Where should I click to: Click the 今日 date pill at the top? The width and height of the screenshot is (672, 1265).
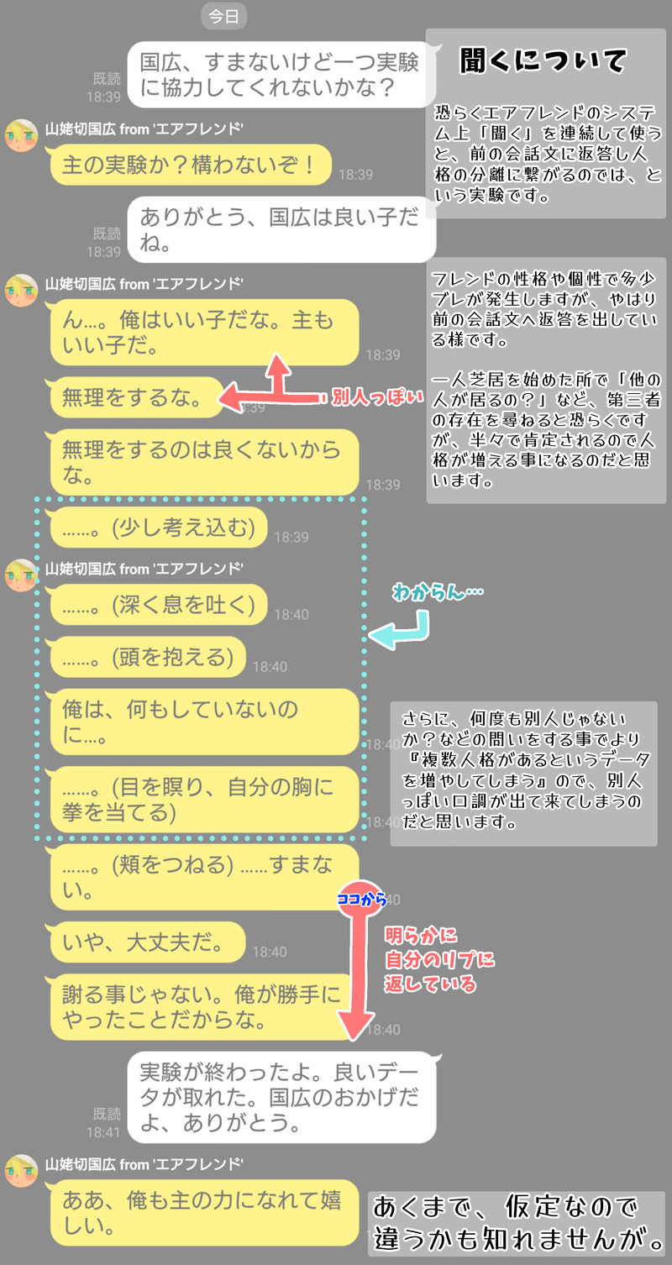click(223, 16)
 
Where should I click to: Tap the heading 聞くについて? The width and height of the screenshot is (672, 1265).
click(543, 60)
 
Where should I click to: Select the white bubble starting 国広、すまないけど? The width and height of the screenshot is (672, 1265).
click(281, 75)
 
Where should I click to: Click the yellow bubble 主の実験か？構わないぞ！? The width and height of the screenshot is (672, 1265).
click(190, 165)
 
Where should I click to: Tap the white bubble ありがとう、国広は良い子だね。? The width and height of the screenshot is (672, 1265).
click(281, 230)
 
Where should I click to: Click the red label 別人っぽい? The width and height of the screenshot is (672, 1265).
click(377, 397)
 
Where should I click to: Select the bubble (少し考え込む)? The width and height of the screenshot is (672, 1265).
click(158, 528)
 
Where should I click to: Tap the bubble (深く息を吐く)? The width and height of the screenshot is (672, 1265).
click(158, 605)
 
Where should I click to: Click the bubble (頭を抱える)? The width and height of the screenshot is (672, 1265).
click(147, 657)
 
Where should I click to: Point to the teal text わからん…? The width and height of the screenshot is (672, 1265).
click(438, 592)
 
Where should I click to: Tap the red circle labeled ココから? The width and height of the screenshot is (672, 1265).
click(361, 899)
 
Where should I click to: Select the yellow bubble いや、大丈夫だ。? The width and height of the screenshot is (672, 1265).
click(147, 942)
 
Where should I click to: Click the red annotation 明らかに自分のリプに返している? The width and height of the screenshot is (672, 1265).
click(439, 960)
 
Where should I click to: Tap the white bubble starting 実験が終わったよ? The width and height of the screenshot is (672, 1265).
click(281, 1097)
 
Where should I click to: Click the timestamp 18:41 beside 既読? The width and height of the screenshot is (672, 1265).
click(103, 1132)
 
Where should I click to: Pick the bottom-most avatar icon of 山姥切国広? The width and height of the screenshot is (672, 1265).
click(21, 1171)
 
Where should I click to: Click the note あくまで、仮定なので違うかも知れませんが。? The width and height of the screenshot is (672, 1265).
click(517, 1224)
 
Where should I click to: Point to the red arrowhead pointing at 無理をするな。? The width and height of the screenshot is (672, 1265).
click(232, 397)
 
